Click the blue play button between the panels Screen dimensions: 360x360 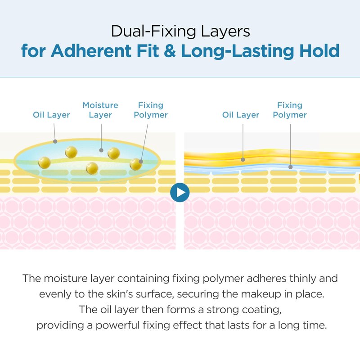coord(180,193)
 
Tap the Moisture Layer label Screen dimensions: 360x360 coord(100,110)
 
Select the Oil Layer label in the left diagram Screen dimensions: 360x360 coord(51,115)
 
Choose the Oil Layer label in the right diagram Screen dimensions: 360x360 coord(241,115)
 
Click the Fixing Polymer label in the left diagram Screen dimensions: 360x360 coord(151,110)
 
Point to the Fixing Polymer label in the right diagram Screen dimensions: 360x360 coord(290,110)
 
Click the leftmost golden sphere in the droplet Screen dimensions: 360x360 coord(45,162)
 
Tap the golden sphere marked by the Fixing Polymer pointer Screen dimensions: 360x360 coord(136,164)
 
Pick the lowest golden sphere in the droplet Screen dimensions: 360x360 coord(92,168)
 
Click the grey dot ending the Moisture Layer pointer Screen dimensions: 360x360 coord(101,150)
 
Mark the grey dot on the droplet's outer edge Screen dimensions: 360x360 coord(55,142)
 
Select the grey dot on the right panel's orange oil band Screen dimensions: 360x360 coord(243,160)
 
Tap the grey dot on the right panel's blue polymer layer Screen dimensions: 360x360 coord(290,167)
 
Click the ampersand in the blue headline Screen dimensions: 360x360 coord(170,51)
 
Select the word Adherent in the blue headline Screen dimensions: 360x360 coord(91,51)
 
